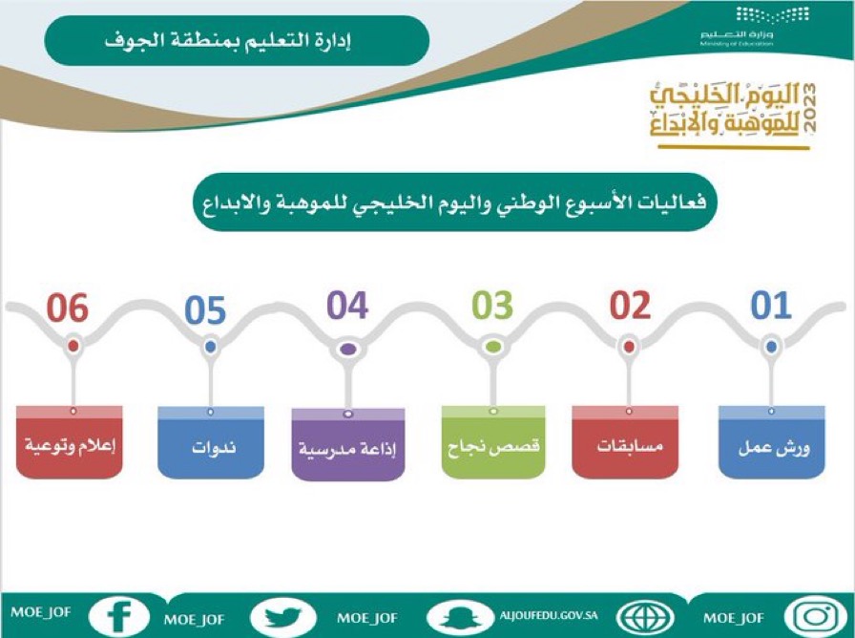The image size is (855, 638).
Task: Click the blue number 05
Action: point(205,310)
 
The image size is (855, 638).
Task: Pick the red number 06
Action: point(68,308)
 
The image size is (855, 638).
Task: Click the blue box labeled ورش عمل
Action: point(772,441)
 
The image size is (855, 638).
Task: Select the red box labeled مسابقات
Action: point(625,441)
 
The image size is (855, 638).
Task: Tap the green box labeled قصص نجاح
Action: point(493,441)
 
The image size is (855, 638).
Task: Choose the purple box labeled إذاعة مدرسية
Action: point(348,444)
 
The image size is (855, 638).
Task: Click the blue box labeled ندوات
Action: point(211,442)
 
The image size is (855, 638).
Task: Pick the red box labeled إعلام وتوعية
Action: point(70,441)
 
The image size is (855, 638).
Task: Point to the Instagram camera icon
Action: point(816,617)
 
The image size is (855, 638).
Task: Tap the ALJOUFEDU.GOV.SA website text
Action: point(549,615)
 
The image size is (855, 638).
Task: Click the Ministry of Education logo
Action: point(738,26)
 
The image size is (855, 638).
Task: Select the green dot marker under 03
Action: point(492,347)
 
